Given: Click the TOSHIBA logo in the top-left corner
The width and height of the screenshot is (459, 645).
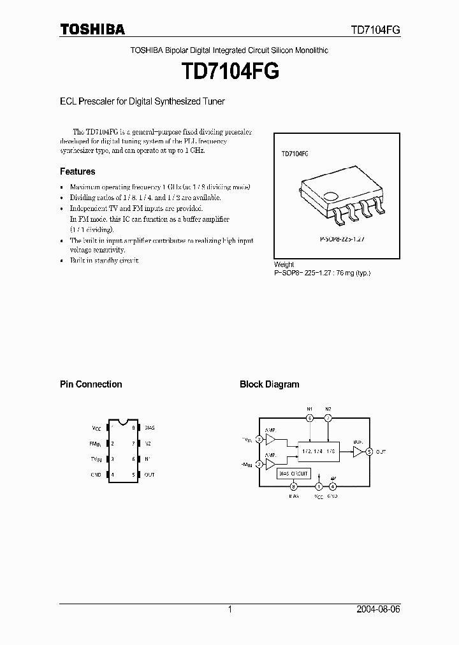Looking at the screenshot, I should [x=92, y=29].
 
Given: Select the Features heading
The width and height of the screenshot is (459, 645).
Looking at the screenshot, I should [x=77, y=171].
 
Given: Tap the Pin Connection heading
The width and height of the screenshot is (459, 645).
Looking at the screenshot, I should [x=91, y=384].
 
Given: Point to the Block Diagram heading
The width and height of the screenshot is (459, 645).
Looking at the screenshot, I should [x=269, y=384].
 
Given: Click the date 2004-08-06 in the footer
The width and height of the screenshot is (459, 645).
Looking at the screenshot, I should [x=378, y=609].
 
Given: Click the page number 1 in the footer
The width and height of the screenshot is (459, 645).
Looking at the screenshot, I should [x=229, y=609].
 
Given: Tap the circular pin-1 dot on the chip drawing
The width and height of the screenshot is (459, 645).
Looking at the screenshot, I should [x=330, y=198].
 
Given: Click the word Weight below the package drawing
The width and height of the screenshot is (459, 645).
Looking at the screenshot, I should [x=284, y=265].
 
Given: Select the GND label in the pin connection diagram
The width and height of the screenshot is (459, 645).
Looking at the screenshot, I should [x=96, y=475].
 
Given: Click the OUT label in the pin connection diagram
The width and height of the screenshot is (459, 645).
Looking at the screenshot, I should [x=149, y=475].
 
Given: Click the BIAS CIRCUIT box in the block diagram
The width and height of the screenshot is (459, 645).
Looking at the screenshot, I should [x=293, y=474].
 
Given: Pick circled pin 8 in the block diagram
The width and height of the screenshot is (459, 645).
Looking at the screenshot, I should [x=293, y=487].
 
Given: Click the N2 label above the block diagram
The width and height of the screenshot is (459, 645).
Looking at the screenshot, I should [x=328, y=409].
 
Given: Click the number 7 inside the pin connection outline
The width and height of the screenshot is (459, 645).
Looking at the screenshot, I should [x=133, y=444].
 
